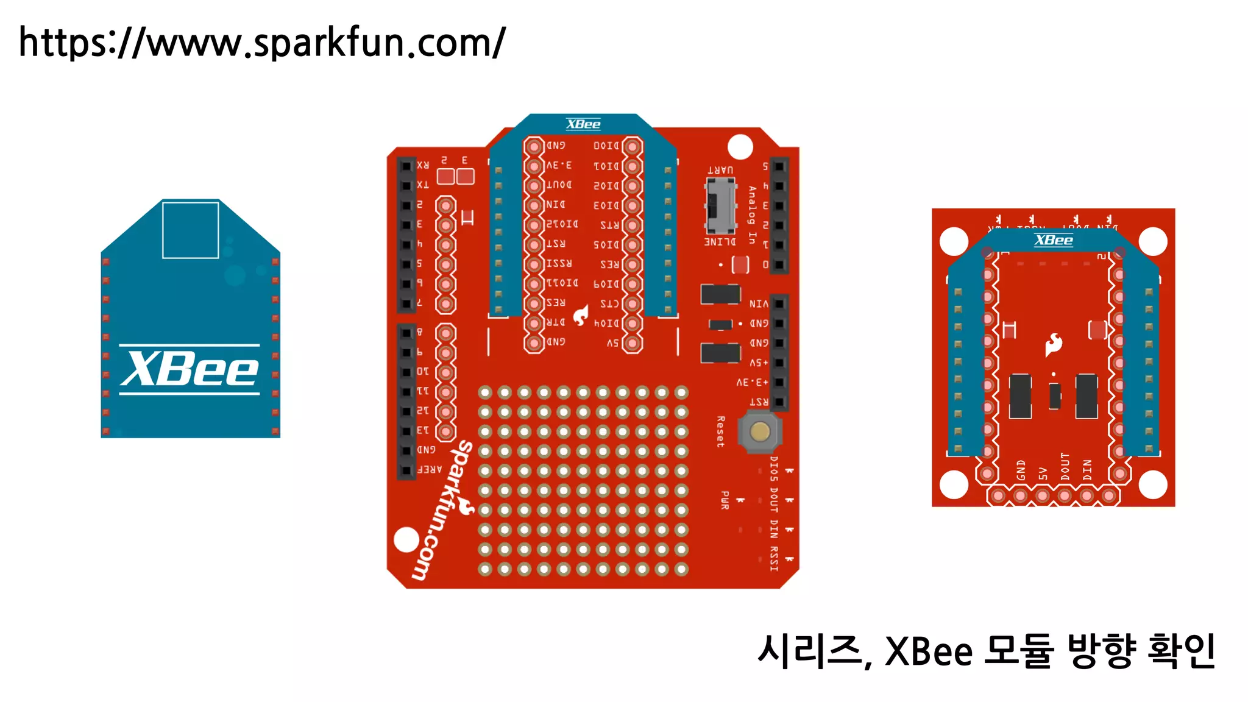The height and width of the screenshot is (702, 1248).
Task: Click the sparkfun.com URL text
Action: click(262, 43)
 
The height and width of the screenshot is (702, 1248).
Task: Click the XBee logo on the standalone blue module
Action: click(190, 369)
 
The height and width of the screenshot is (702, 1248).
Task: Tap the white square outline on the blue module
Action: click(190, 230)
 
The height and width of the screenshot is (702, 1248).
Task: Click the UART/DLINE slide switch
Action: click(720, 206)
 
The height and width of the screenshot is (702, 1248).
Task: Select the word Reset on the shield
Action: click(721, 432)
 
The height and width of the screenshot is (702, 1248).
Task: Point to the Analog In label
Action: click(752, 215)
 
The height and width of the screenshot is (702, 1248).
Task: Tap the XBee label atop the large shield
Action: click(583, 124)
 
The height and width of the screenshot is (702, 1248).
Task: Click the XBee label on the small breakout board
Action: click(1054, 240)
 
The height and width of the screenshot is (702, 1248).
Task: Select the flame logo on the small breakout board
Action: click(1054, 345)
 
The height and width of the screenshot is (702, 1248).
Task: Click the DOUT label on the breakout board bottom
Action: click(1065, 467)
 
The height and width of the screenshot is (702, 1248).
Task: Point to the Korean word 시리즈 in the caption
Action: click(810, 651)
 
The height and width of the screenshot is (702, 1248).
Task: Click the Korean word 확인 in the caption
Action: click(1182, 651)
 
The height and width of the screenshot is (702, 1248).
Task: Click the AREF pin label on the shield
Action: click(430, 470)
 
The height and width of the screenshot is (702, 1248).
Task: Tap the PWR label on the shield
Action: click(725, 500)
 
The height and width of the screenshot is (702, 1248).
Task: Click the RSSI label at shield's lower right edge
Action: click(774, 558)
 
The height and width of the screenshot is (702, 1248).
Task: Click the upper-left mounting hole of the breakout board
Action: click(954, 241)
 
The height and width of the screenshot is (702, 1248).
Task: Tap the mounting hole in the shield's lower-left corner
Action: click(406, 539)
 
